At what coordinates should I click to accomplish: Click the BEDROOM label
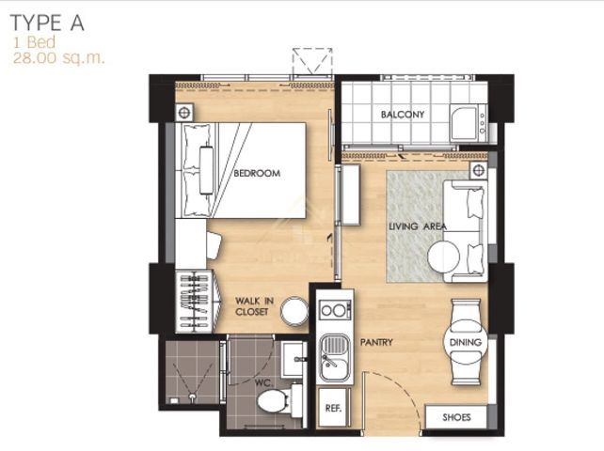click(x=257, y=173)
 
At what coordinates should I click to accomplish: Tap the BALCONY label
click(x=403, y=115)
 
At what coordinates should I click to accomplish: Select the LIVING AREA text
click(x=418, y=226)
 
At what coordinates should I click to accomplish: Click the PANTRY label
click(x=376, y=342)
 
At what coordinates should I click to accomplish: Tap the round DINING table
click(x=466, y=342)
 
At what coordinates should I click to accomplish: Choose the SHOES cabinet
click(x=456, y=417)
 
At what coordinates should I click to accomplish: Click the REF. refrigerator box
click(x=333, y=408)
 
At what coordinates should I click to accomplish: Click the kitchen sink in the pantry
click(x=336, y=357)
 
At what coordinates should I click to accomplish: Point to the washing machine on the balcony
click(x=469, y=123)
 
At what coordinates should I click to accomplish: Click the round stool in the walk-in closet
click(x=294, y=311)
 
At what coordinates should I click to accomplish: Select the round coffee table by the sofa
click(x=443, y=257)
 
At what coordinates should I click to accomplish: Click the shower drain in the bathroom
click(x=191, y=396)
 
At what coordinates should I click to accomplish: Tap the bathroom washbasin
click(x=294, y=360)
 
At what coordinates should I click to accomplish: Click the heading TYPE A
click(x=47, y=23)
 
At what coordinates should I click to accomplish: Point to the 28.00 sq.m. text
click(x=58, y=58)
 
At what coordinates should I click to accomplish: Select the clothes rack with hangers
click(x=198, y=302)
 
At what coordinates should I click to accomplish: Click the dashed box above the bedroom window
click(x=312, y=61)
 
